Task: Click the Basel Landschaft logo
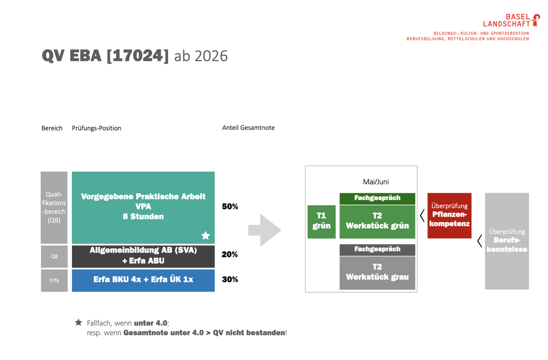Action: (x=511, y=20)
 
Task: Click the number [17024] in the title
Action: (x=137, y=56)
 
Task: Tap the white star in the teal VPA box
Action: (x=205, y=236)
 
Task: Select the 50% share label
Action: (x=230, y=207)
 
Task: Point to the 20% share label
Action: (x=229, y=255)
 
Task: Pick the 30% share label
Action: (x=230, y=279)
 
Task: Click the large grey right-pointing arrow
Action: (x=265, y=230)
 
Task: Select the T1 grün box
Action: (x=321, y=222)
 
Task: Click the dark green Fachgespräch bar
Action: (x=378, y=198)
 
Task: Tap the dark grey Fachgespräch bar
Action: (x=378, y=249)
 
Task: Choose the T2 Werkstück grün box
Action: (x=378, y=222)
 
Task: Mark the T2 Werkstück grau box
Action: (x=378, y=273)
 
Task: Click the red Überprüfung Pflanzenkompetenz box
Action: (x=450, y=216)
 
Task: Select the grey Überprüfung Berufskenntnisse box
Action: (x=507, y=241)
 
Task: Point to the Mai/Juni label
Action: (x=376, y=182)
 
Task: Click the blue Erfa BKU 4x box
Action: (x=144, y=280)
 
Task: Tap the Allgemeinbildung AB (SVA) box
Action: (x=144, y=256)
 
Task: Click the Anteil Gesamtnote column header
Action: (x=248, y=128)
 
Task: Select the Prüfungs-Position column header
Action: (x=97, y=128)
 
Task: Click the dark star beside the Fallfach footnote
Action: (x=78, y=322)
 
